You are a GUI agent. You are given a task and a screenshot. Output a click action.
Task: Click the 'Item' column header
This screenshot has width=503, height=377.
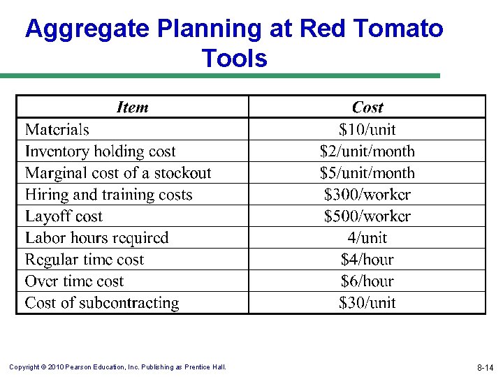pos(132,108)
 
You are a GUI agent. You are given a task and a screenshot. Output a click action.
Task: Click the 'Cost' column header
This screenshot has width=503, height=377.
pos(367,108)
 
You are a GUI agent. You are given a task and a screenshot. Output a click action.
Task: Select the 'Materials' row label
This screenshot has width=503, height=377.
pos(57,129)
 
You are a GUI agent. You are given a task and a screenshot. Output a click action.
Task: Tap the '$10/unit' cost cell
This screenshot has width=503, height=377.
pos(367,129)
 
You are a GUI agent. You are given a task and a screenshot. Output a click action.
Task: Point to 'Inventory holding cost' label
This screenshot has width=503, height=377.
pos(100,151)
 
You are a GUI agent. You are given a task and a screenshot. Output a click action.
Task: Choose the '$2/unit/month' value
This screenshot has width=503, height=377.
pos(367,151)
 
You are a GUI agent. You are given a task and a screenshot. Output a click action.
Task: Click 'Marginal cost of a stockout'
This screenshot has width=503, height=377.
pos(118,172)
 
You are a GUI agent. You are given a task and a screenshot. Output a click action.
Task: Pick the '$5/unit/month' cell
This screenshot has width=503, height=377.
pos(367,172)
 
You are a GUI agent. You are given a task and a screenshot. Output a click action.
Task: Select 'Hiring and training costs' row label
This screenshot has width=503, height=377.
pos(108,194)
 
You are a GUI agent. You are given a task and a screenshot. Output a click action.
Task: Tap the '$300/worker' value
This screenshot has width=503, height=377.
pos(367,194)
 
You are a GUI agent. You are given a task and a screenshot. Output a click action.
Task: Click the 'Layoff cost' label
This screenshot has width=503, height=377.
pos(64,216)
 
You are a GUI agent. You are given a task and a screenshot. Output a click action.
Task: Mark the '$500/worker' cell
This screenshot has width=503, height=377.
pos(367,216)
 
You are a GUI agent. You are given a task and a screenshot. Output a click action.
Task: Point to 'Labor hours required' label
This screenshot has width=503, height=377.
pos(96,237)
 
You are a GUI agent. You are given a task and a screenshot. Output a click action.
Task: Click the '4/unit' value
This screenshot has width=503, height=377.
pos(367,237)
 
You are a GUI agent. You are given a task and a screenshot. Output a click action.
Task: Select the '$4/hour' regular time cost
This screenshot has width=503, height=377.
pos(367,259)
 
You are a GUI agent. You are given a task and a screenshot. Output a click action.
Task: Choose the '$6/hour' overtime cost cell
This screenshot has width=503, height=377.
pos(367,281)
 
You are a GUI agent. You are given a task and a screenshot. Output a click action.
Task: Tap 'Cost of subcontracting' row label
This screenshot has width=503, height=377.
pos(102,302)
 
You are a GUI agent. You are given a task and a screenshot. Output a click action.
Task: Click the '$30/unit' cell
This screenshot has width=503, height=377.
pos(367,302)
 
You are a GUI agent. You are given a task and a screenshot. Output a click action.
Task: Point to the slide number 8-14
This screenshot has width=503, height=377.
pos(485,367)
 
